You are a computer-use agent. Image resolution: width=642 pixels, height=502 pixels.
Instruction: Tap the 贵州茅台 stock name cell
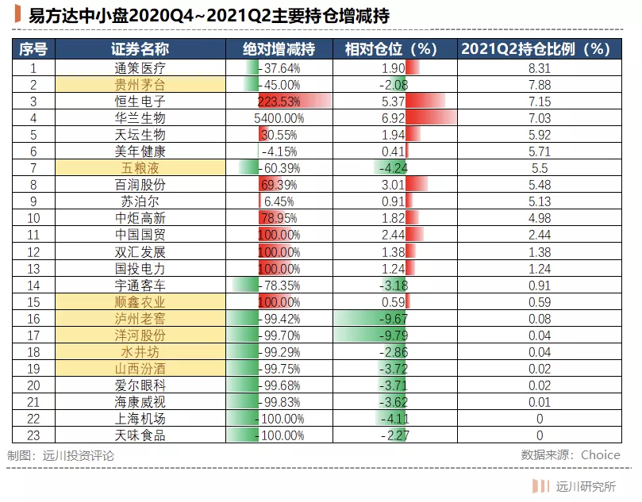[140, 85]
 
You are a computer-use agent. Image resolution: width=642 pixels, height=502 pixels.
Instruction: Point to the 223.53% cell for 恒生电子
[279, 102]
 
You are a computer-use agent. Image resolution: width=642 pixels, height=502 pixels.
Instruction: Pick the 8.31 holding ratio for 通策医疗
[539, 68]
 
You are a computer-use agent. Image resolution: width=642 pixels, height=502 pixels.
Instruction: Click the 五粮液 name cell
[140, 168]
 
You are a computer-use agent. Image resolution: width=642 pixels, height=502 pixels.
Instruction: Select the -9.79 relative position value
[394, 335]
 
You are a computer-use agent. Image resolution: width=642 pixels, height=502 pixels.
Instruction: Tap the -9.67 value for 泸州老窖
[394, 319]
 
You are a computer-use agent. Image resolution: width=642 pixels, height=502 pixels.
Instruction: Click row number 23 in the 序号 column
[33, 435]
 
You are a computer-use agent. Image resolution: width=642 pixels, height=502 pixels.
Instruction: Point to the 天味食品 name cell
[140, 435]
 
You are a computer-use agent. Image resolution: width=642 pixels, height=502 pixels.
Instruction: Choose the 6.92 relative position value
[394, 118]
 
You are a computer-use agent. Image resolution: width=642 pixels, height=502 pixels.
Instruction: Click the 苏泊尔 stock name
[140, 201]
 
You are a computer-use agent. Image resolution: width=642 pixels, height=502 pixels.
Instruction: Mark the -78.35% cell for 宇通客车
[279, 285]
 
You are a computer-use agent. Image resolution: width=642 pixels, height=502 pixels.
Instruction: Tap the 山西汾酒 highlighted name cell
[140, 369]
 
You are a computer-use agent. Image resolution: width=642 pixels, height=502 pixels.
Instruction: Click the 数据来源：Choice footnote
[571, 455]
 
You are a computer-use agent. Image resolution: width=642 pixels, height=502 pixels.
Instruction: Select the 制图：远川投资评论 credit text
[60, 456]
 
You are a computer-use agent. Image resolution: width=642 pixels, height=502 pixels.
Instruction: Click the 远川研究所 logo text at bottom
[585, 486]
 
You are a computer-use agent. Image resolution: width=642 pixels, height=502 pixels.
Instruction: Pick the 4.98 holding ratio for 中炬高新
[539, 218]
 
